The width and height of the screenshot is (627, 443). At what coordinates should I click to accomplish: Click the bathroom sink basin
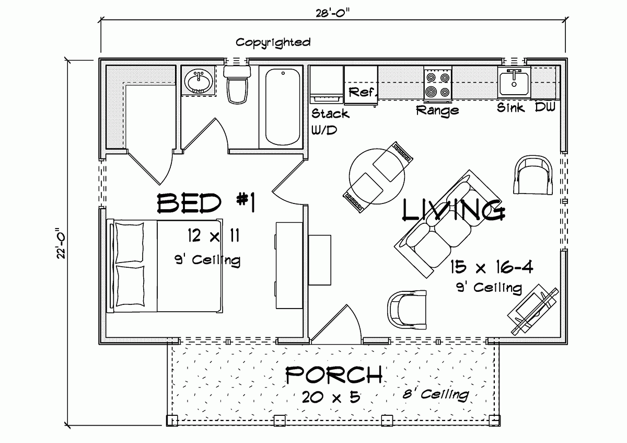pos(199,82)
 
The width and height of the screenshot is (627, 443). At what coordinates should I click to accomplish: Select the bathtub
pos(283,107)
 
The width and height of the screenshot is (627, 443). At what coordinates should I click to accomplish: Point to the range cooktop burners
pos(437,85)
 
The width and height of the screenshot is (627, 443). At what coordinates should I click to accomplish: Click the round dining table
pos(377,176)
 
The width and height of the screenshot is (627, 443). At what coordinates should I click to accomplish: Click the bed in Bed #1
pos(166,266)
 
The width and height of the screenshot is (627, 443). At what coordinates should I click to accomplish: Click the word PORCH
pos(333,374)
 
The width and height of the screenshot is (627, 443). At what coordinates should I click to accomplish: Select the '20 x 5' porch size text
pos(331,397)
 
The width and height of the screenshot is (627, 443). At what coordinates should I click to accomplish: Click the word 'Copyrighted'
pos(273,42)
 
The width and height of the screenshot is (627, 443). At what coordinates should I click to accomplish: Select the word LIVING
pos(454,210)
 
